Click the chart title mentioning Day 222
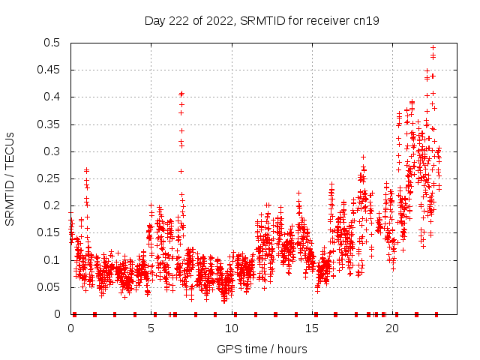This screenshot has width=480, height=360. coord(262,20)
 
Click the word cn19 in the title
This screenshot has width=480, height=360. coord(366,20)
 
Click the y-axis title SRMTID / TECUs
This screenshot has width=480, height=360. coord(10,179)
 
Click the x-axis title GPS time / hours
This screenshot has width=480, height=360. coord(262,349)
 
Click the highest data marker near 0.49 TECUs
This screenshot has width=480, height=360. coord(433,48)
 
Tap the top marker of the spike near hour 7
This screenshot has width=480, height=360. coord(181,94)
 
